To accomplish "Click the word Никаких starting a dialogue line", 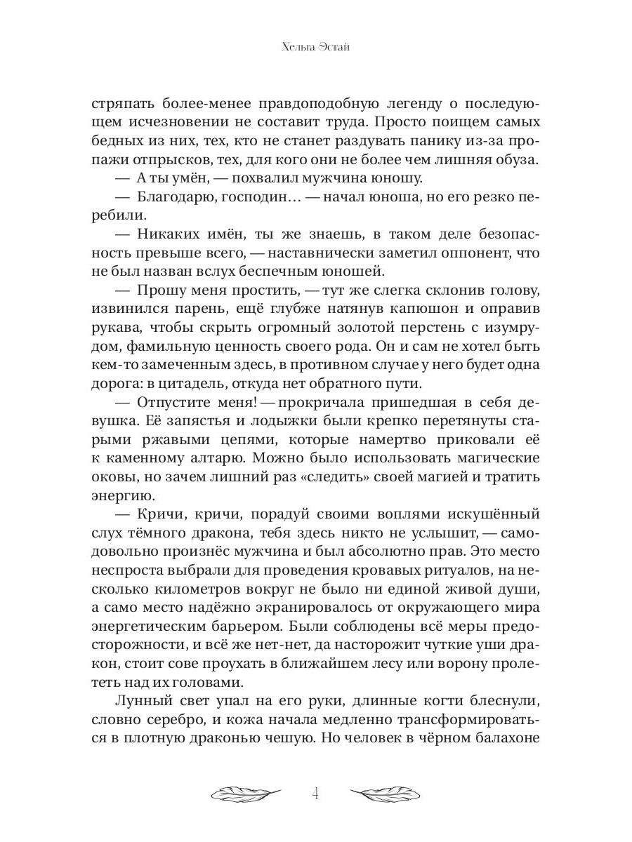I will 166,235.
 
